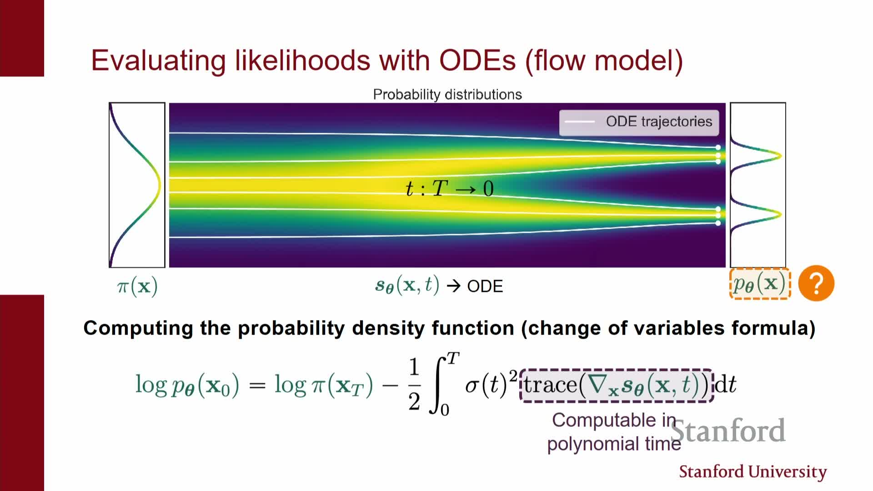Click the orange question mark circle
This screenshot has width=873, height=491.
click(816, 283)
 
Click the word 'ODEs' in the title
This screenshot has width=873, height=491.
click(477, 60)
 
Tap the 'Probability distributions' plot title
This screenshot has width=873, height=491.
click(447, 95)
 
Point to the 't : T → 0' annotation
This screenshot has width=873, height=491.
click(449, 189)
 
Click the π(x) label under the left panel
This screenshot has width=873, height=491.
click(137, 286)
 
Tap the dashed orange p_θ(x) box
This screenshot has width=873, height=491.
click(760, 284)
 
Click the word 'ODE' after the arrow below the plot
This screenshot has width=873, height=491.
click(485, 286)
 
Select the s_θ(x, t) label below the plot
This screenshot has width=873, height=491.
click(407, 286)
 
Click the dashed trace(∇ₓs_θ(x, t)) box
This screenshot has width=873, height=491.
click(616, 386)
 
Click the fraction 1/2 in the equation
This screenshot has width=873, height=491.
click(414, 385)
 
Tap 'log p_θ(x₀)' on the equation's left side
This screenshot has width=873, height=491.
click(187, 386)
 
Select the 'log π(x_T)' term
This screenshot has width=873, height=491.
click(323, 386)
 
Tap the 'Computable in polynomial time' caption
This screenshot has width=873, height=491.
click(614, 432)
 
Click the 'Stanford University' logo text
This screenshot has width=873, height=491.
click(753, 472)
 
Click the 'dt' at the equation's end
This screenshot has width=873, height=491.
click(726, 385)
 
